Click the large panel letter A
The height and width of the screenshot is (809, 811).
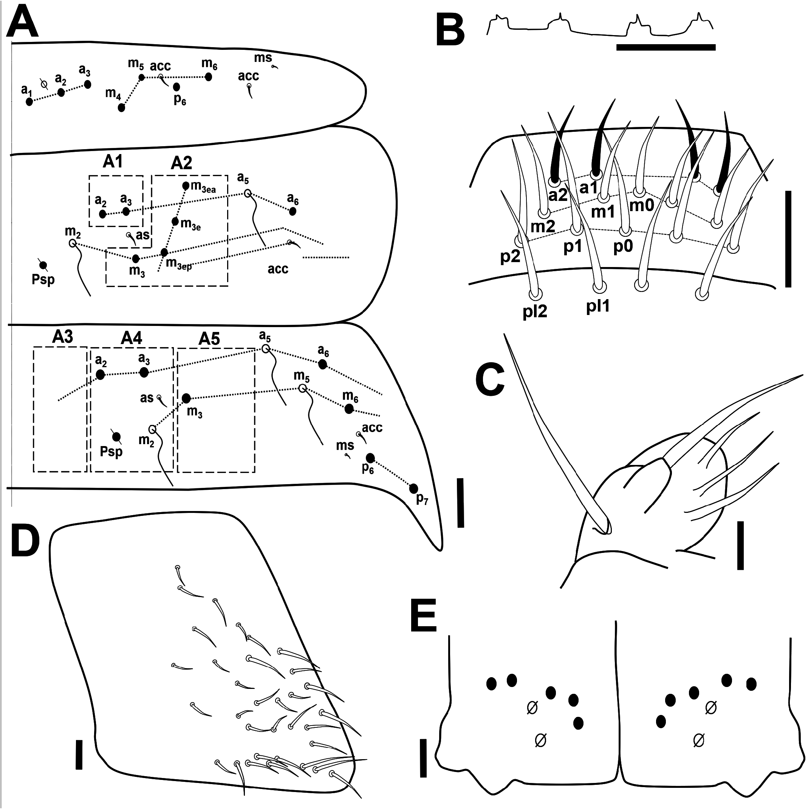point(23,22)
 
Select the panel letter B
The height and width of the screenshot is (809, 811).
point(450,29)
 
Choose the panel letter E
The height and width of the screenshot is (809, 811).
point(423,615)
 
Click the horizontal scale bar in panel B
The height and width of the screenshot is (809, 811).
point(666,47)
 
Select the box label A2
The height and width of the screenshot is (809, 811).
point(181,163)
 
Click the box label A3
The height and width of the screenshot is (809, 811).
point(63,337)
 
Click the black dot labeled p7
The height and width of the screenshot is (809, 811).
point(413,488)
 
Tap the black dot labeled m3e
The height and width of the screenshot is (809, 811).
point(175,221)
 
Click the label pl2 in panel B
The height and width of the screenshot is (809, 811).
point(535,312)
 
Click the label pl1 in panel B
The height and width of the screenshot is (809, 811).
point(598,307)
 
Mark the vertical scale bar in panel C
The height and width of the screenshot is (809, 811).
point(740,545)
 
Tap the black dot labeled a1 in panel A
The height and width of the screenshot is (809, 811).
point(29,102)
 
